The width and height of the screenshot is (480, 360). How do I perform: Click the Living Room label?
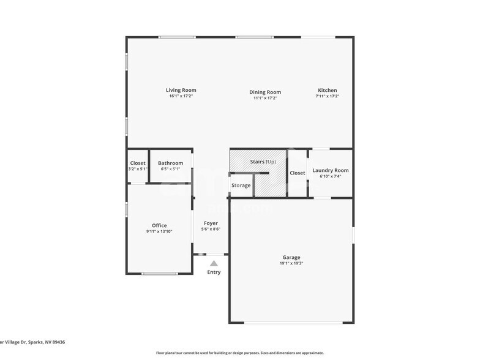(181, 90)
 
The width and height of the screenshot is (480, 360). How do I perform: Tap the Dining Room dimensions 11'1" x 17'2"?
(264, 98)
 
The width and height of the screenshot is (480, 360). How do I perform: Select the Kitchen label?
(327, 90)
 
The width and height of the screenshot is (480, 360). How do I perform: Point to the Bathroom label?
(170, 163)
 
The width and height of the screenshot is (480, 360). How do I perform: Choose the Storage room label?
(241, 185)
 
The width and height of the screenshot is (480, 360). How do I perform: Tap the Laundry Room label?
(330, 170)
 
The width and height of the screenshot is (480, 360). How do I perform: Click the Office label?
(159, 225)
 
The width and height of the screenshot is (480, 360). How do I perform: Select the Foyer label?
(211, 223)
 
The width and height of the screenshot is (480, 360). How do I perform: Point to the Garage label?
(291, 257)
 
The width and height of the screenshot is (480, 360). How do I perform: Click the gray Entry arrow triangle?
(214, 263)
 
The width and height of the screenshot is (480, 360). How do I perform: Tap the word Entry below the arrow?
(214, 272)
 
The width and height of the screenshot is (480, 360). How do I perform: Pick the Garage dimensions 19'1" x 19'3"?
(291, 263)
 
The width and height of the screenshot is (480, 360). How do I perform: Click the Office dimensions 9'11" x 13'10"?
(159, 231)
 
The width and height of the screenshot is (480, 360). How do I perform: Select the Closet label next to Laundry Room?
(298, 173)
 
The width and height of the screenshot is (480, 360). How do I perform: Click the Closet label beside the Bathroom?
(138, 163)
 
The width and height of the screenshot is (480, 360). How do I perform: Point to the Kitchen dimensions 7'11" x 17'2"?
(327, 96)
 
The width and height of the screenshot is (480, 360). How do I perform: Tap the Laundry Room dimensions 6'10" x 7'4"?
(330, 176)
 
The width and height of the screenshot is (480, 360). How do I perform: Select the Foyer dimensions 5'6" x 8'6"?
(211, 230)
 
